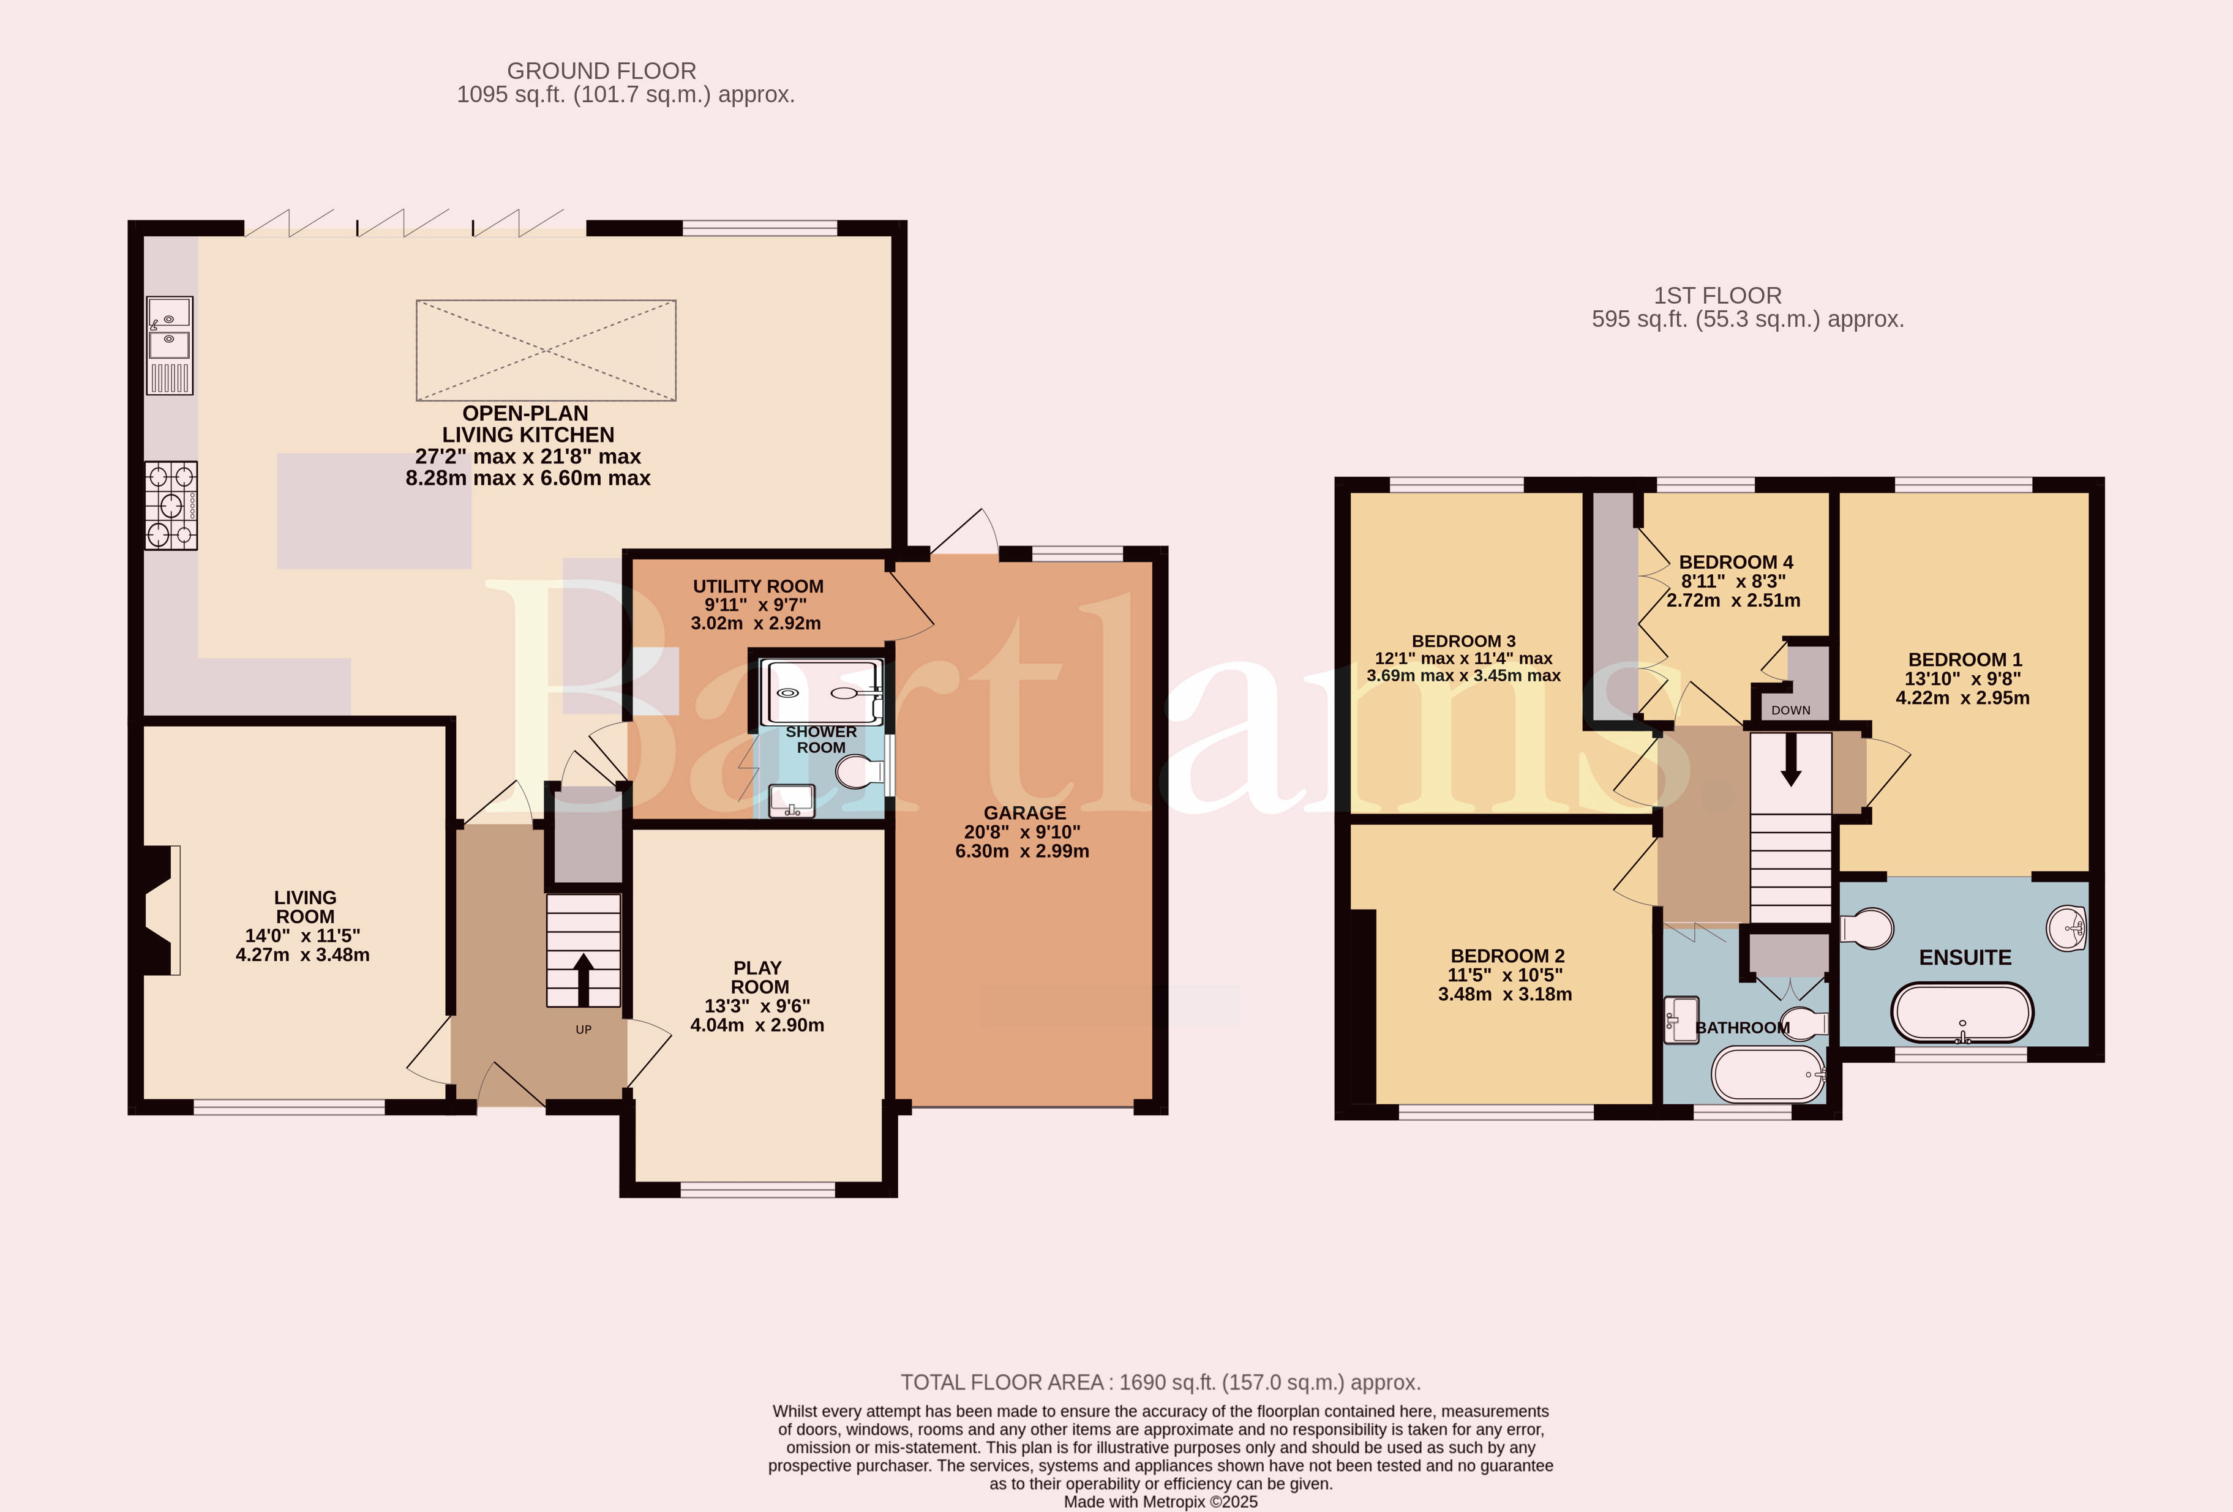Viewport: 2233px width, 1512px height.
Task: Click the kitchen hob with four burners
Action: [x=171, y=505]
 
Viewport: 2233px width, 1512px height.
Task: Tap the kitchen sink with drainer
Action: [x=169, y=345]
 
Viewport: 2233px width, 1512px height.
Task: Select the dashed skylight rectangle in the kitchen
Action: [x=546, y=350]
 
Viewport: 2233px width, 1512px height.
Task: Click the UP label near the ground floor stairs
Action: [x=584, y=1029]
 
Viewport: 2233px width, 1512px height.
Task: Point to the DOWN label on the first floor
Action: [x=1791, y=710]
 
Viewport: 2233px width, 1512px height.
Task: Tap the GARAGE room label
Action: [x=1024, y=813]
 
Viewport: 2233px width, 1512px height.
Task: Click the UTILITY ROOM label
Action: [x=758, y=586]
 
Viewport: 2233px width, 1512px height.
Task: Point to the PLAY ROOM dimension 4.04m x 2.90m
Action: [x=757, y=1025]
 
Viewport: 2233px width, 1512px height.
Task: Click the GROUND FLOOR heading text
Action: [x=601, y=71]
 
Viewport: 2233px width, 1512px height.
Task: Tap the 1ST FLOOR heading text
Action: [x=1718, y=296]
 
